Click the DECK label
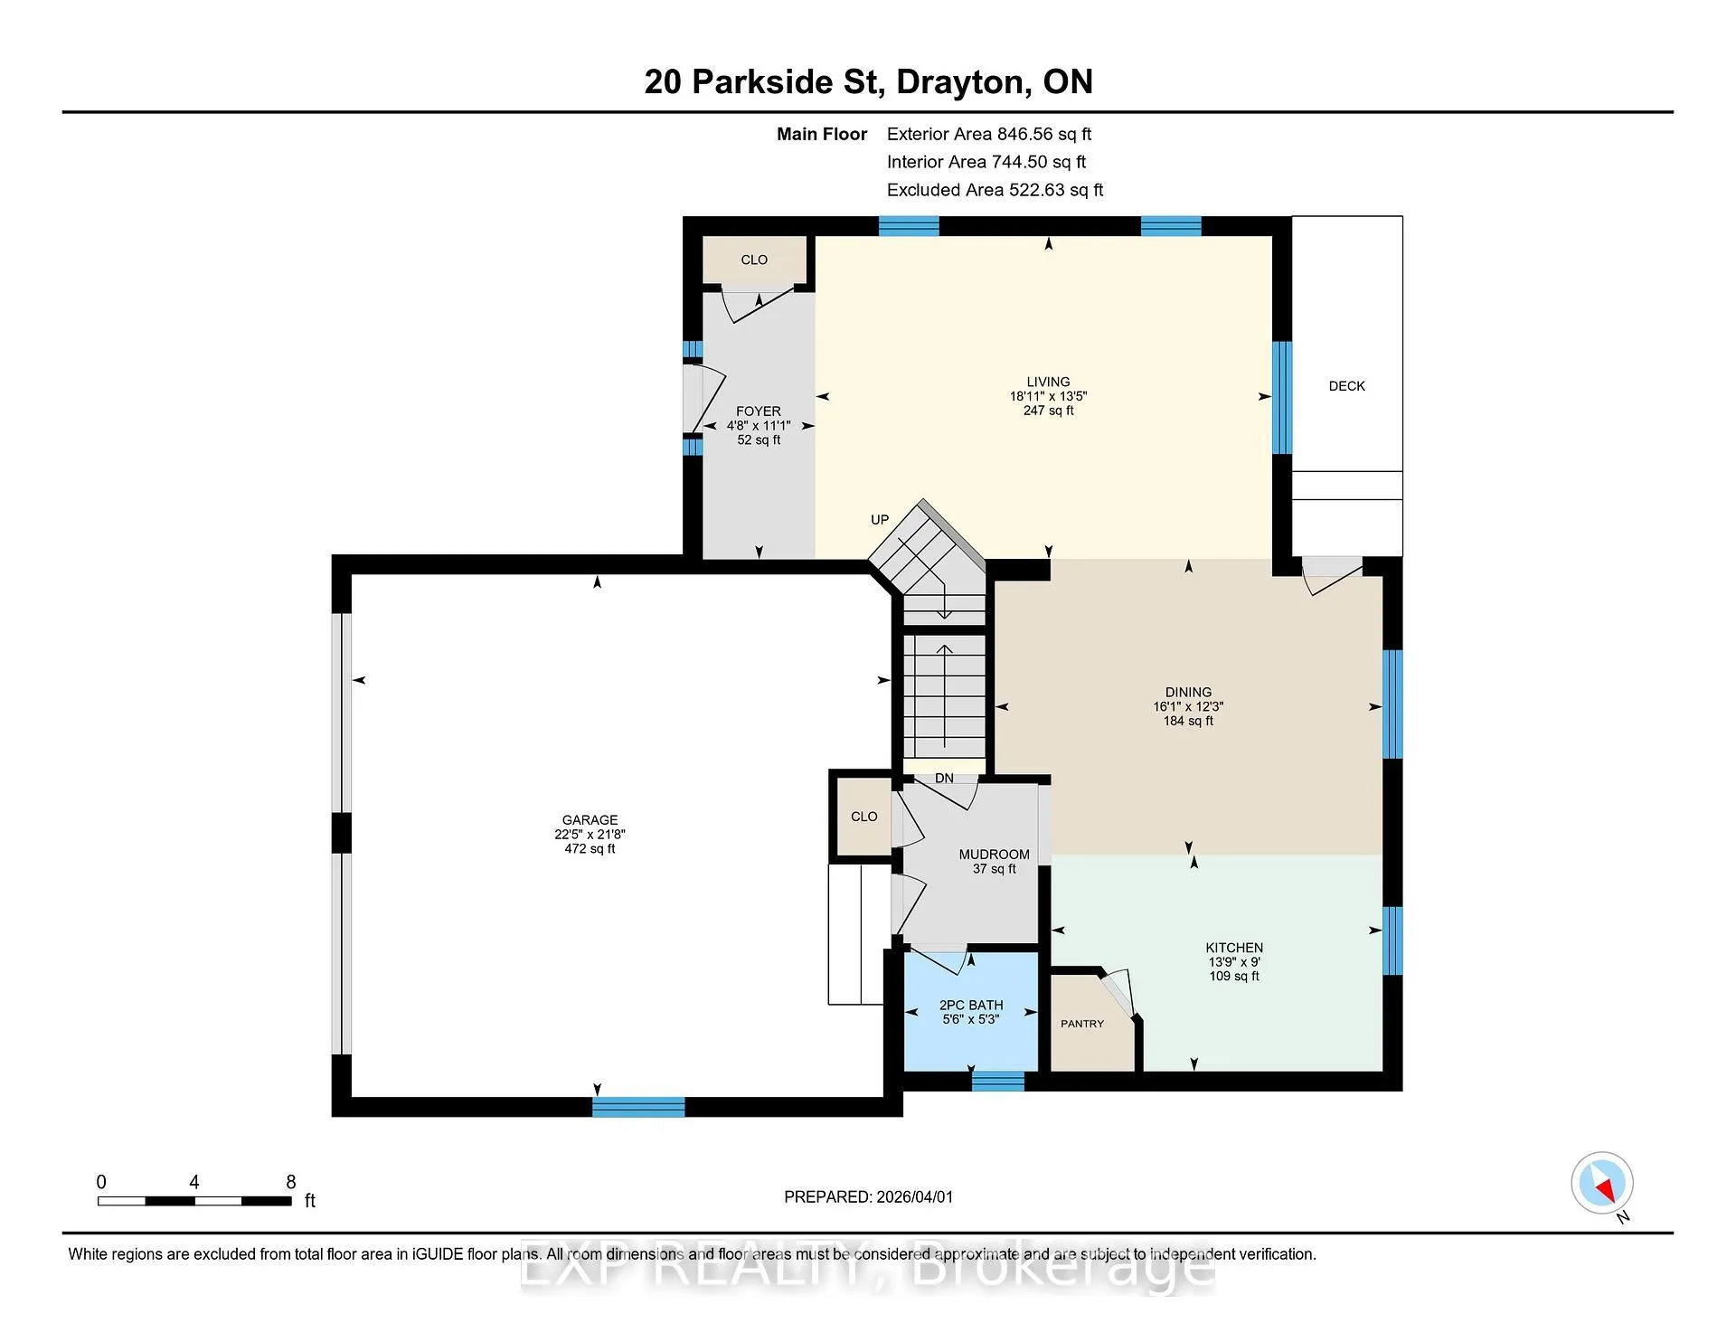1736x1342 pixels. tap(1346, 386)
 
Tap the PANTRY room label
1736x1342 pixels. tap(1082, 1024)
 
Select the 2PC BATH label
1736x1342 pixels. tap(971, 1005)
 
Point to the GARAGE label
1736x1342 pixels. tap(590, 820)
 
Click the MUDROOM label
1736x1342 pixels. tap(995, 855)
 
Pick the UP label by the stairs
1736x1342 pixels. tap(880, 520)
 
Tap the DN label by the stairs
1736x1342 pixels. tap(944, 779)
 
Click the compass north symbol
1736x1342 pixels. tap(1602, 1184)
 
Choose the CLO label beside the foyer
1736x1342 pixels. tap(754, 260)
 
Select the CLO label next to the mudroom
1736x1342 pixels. tap(863, 817)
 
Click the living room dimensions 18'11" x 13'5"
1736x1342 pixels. tap(1048, 396)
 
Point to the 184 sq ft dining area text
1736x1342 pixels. tap(1188, 721)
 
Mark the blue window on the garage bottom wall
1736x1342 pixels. tap(638, 1107)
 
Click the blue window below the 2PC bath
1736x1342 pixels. tap(998, 1081)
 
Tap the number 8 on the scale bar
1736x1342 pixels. tap(291, 1182)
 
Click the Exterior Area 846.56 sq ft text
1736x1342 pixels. tap(989, 134)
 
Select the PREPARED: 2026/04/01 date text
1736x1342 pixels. tap(868, 1196)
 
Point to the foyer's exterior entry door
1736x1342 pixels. tap(703, 398)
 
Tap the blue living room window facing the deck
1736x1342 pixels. tap(1281, 397)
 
